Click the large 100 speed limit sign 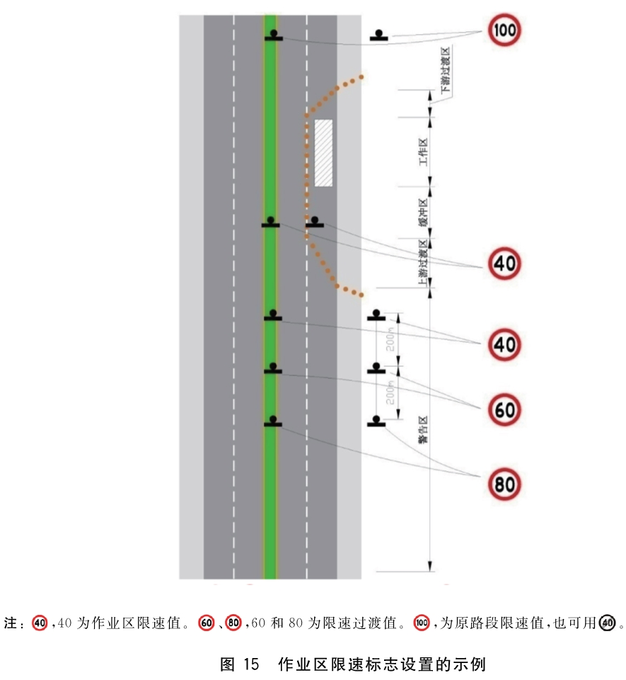pyautogui.click(x=504, y=30)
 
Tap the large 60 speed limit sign pyautogui.click(x=504, y=409)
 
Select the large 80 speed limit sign pyautogui.click(x=504, y=484)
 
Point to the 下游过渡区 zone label pyautogui.click(x=446, y=70)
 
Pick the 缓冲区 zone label pyautogui.click(x=423, y=212)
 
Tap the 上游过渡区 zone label pyautogui.click(x=423, y=263)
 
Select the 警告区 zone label pyautogui.click(x=423, y=429)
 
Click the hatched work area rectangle pyautogui.click(x=323, y=153)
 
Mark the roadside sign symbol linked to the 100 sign pyautogui.click(x=379, y=35)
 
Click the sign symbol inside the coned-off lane pyautogui.click(x=315, y=222)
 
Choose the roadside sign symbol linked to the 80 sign pyautogui.click(x=376, y=421)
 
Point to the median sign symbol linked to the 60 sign pyautogui.click(x=273, y=368)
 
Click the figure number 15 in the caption pyautogui.click(x=251, y=664)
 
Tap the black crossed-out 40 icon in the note pyautogui.click(x=607, y=623)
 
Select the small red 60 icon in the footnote pyautogui.click(x=206, y=623)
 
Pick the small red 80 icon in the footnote pyautogui.click(x=233, y=623)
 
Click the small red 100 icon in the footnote pyautogui.click(x=422, y=623)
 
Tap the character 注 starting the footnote pyautogui.click(x=11, y=623)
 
